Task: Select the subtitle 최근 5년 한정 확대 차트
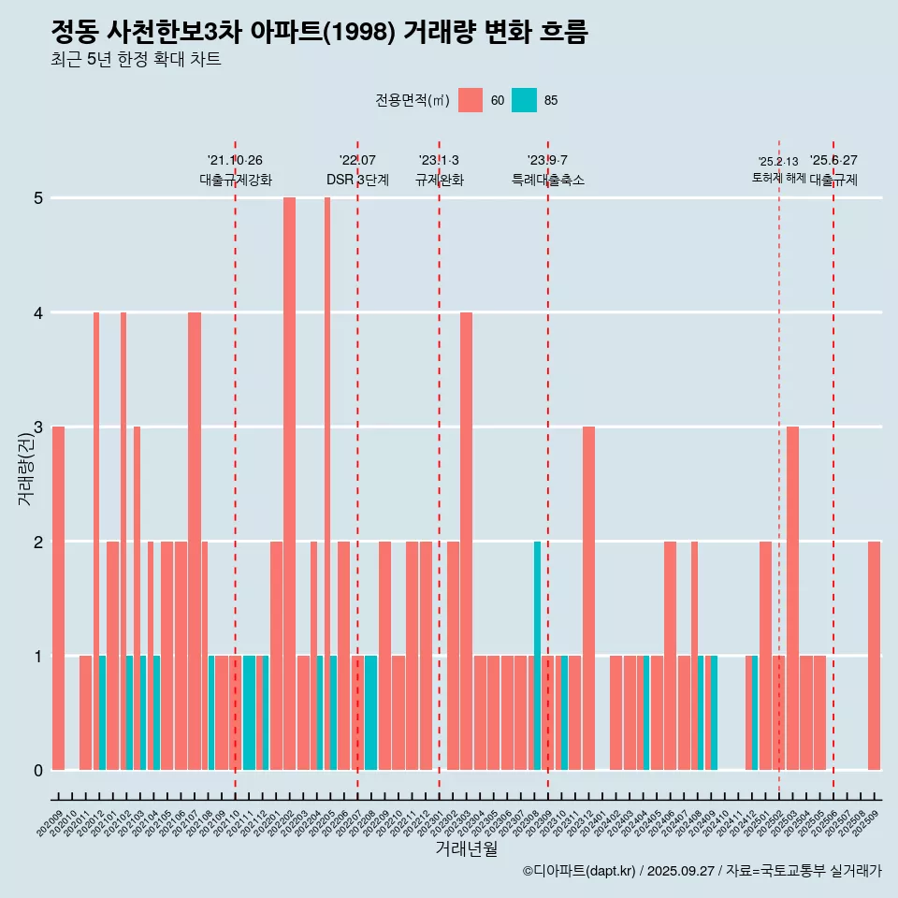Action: tap(136, 61)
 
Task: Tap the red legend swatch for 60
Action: tap(471, 100)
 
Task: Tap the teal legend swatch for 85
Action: tap(524, 100)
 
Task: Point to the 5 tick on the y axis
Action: tap(38, 198)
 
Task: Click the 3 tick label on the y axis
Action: tap(38, 427)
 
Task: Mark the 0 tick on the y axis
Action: tap(38, 771)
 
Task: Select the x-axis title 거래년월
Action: tap(466, 848)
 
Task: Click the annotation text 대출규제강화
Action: tap(235, 180)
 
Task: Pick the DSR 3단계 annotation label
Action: tap(357, 180)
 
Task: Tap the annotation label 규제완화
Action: tap(439, 180)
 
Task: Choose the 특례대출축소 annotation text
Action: tap(547, 180)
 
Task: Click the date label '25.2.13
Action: tap(778, 162)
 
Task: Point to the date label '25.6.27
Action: tap(833, 161)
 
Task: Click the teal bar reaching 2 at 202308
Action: tap(537, 655)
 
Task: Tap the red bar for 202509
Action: tap(874, 655)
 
